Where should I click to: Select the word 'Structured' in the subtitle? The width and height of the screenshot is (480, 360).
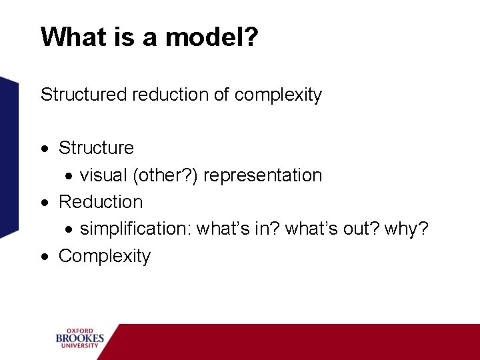[84, 95]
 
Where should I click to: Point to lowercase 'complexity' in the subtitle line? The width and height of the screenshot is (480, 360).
[278, 95]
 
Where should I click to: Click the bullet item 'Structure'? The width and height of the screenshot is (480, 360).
[96, 148]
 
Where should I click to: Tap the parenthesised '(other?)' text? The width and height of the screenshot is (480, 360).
[165, 175]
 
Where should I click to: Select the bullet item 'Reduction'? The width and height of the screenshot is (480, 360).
[101, 202]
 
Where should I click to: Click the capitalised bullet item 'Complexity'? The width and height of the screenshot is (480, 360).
[105, 256]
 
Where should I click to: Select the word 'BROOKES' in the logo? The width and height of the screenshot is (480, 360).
[79, 339]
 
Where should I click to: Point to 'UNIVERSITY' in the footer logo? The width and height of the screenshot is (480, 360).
[79, 347]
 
